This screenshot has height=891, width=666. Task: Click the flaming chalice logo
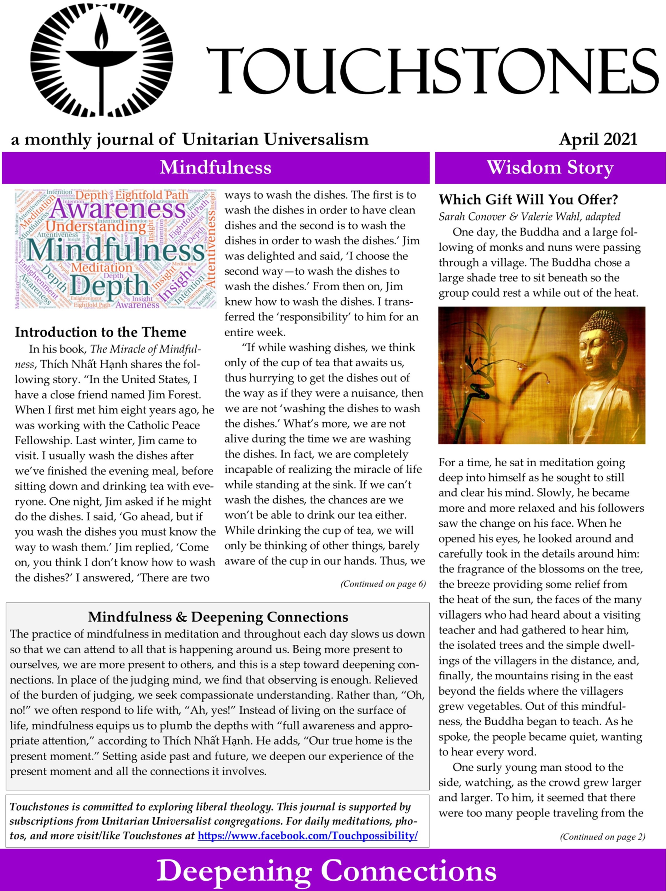click(x=101, y=60)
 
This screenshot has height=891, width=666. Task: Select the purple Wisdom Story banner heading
click(x=550, y=167)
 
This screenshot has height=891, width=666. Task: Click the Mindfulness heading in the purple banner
click(x=215, y=167)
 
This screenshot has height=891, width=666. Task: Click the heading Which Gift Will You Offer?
click(x=528, y=199)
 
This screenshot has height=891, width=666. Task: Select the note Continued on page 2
click(x=602, y=837)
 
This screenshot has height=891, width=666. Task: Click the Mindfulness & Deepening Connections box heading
click(x=218, y=617)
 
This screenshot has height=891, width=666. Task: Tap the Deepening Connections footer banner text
click(x=326, y=871)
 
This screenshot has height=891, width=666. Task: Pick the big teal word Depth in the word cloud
click(x=109, y=285)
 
